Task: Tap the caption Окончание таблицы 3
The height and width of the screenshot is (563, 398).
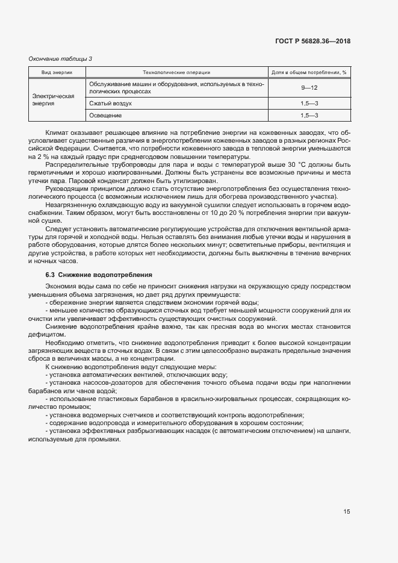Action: tap(61, 58)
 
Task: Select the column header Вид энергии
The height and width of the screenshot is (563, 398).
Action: tap(57, 72)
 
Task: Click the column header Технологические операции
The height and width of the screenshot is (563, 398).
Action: tap(176, 72)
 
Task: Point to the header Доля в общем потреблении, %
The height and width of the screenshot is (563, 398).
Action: tap(309, 72)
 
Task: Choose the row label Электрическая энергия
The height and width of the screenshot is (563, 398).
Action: tap(53, 99)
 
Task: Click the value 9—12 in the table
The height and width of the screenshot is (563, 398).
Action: tap(309, 88)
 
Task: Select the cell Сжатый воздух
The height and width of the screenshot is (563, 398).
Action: tap(110, 104)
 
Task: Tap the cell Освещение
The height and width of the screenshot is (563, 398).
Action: tap(105, 115)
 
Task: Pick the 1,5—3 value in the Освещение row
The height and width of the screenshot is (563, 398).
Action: tap(309, 115)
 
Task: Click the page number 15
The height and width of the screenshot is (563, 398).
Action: tap(347, 512)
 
